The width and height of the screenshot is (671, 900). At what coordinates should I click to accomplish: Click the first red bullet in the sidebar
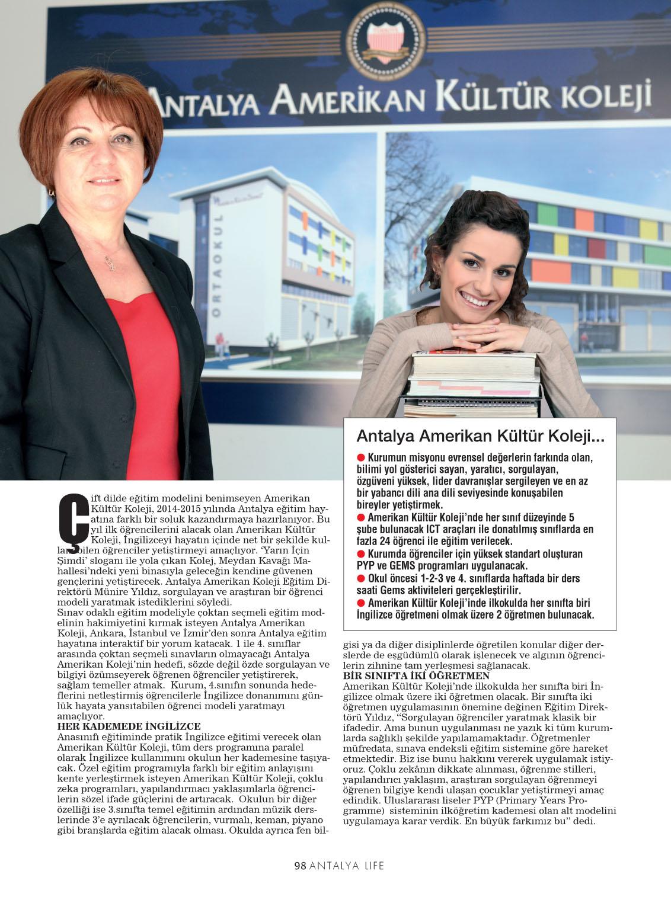pyautogui.click(x=360, y=458)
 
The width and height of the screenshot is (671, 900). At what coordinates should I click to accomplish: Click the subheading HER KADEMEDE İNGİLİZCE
pyautogui.click(x=129, y=726)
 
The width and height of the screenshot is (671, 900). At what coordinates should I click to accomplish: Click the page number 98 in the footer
pyautogui.click(x=300, y=866)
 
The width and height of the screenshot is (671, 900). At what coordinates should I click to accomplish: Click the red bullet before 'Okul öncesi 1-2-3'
pyautogui.click(x=360, y=578)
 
